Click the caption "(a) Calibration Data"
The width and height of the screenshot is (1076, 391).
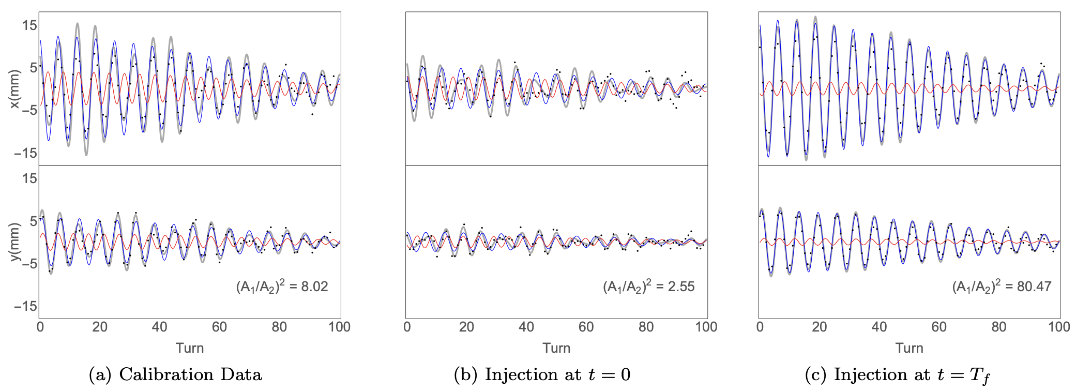[175, 374]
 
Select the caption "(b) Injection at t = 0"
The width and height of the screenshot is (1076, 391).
[542, 374]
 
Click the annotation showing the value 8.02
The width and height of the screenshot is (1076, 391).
[282, 287]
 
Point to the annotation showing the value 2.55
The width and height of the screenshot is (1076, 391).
[649, 287]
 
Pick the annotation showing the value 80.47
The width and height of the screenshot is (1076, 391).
[1002, 287]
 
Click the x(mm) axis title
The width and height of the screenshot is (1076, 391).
[14, 89]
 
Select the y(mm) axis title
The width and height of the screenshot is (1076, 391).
[14, 242]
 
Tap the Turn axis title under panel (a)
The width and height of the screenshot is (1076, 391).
[190, 348]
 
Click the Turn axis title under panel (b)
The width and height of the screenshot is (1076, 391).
[556, 348]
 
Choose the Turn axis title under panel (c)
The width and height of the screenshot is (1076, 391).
[910, 348]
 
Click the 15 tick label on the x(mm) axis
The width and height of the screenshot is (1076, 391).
[29, 25]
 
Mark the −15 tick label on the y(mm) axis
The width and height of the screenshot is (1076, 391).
[25, 306]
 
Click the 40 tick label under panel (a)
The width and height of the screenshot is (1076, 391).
[159, 327]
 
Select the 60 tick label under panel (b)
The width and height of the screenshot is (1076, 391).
[586, 327]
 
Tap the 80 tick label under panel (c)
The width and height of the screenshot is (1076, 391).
[999, 327]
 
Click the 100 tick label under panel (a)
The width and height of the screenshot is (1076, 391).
[339, 327]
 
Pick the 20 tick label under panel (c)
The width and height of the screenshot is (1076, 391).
[820, 327]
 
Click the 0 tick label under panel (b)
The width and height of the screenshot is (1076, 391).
[407, 327]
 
